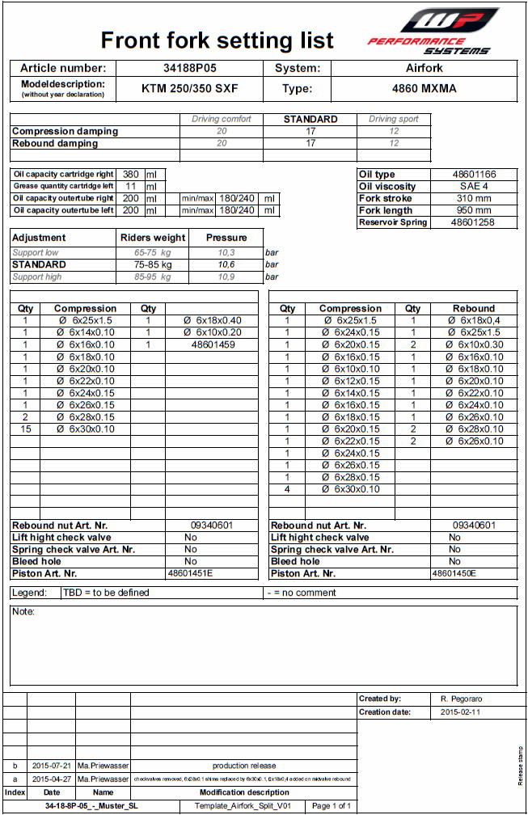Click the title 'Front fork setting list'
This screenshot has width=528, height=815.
pos(217,40)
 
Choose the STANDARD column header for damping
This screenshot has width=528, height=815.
pos(310,119)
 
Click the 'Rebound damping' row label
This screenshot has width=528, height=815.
pos(55,143)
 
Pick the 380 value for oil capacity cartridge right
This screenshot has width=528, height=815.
pos(130,174)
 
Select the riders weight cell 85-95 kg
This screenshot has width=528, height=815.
pos(153,277)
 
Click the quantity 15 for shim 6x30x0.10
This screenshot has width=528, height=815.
pos(26,429)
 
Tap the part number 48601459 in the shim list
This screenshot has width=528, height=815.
pos(213,344)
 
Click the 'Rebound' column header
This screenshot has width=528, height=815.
pos(474,308)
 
